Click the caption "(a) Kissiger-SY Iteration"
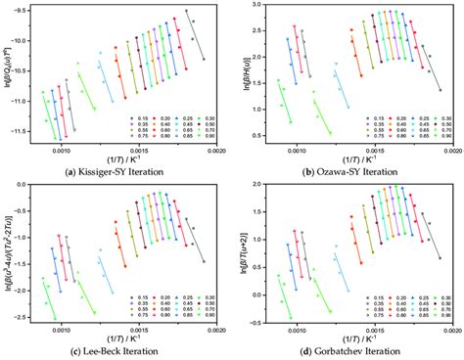coord(116,173)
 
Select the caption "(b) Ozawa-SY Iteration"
coord(348,173)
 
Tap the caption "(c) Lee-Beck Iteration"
coord(116,351)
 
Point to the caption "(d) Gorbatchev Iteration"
coord(348,351)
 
